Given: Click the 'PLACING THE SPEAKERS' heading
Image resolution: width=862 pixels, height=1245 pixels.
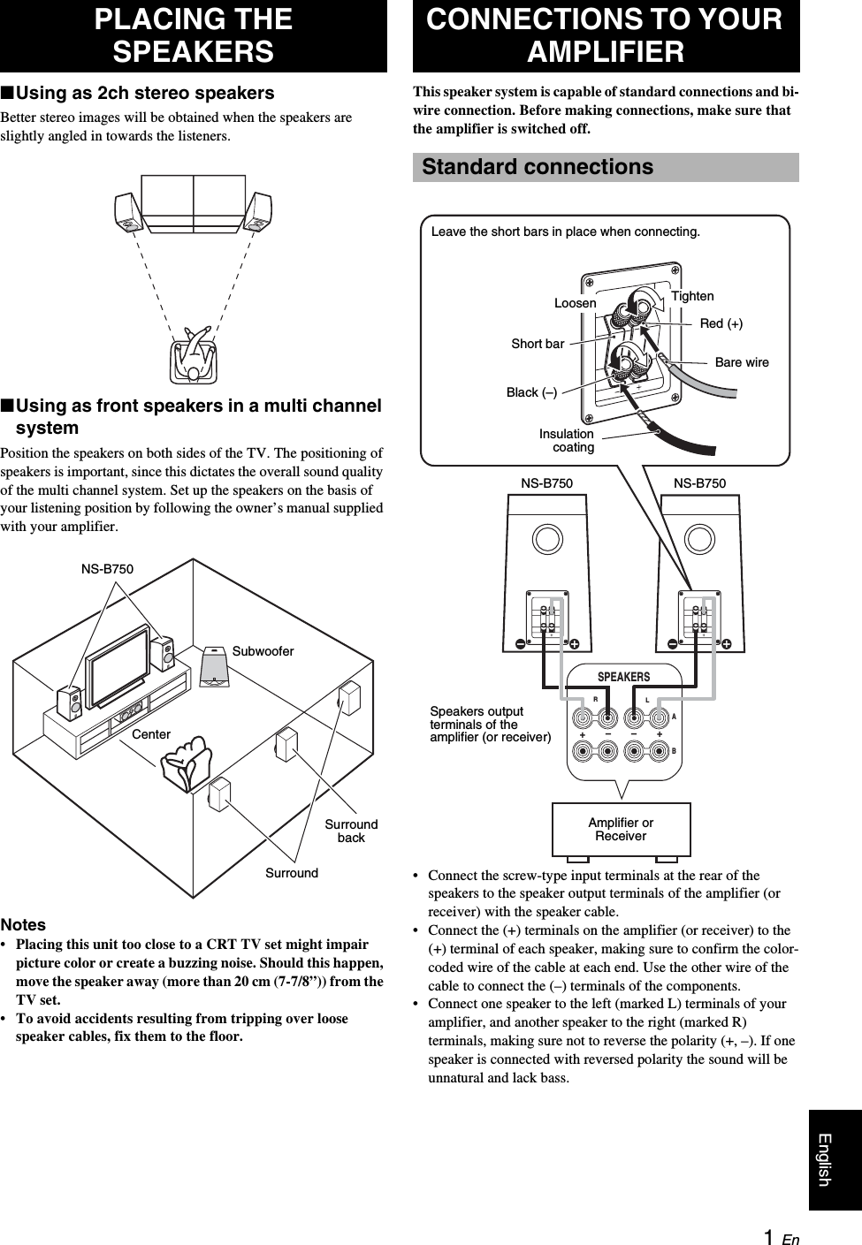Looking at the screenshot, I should click(193, 35).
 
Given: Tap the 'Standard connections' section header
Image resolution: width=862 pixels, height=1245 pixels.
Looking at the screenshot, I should click(538, 167).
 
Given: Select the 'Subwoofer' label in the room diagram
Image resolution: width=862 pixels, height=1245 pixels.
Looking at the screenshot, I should click(263, 651).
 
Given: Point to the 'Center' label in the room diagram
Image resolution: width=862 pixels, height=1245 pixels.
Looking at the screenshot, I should click(151, 734).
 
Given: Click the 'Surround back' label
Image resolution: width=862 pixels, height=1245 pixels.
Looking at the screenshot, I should click(351, 831).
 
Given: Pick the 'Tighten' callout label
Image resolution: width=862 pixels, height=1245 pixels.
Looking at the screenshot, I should click(692, 296).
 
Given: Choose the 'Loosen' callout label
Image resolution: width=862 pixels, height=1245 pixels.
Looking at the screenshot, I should click(575, 303).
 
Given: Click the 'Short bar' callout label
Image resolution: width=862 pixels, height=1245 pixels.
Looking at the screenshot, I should click(538, 344).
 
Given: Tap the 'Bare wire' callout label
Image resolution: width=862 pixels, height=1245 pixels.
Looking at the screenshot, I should click(742, 362).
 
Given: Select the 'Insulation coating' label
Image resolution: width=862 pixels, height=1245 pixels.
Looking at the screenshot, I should click(568, 440).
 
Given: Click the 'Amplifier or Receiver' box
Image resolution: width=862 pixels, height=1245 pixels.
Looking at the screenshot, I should click(621, 830).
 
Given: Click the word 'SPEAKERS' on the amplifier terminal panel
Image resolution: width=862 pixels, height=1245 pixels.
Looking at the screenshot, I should click(623, 677).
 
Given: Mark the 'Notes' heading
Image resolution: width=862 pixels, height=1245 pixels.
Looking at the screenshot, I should click(24, 925).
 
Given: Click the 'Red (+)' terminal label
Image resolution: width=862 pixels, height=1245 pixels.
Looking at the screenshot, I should click(721, 324).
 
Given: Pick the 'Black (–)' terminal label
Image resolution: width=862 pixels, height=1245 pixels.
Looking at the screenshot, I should click(531, 392).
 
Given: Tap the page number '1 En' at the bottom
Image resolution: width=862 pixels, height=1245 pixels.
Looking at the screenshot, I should click(781, 1238).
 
